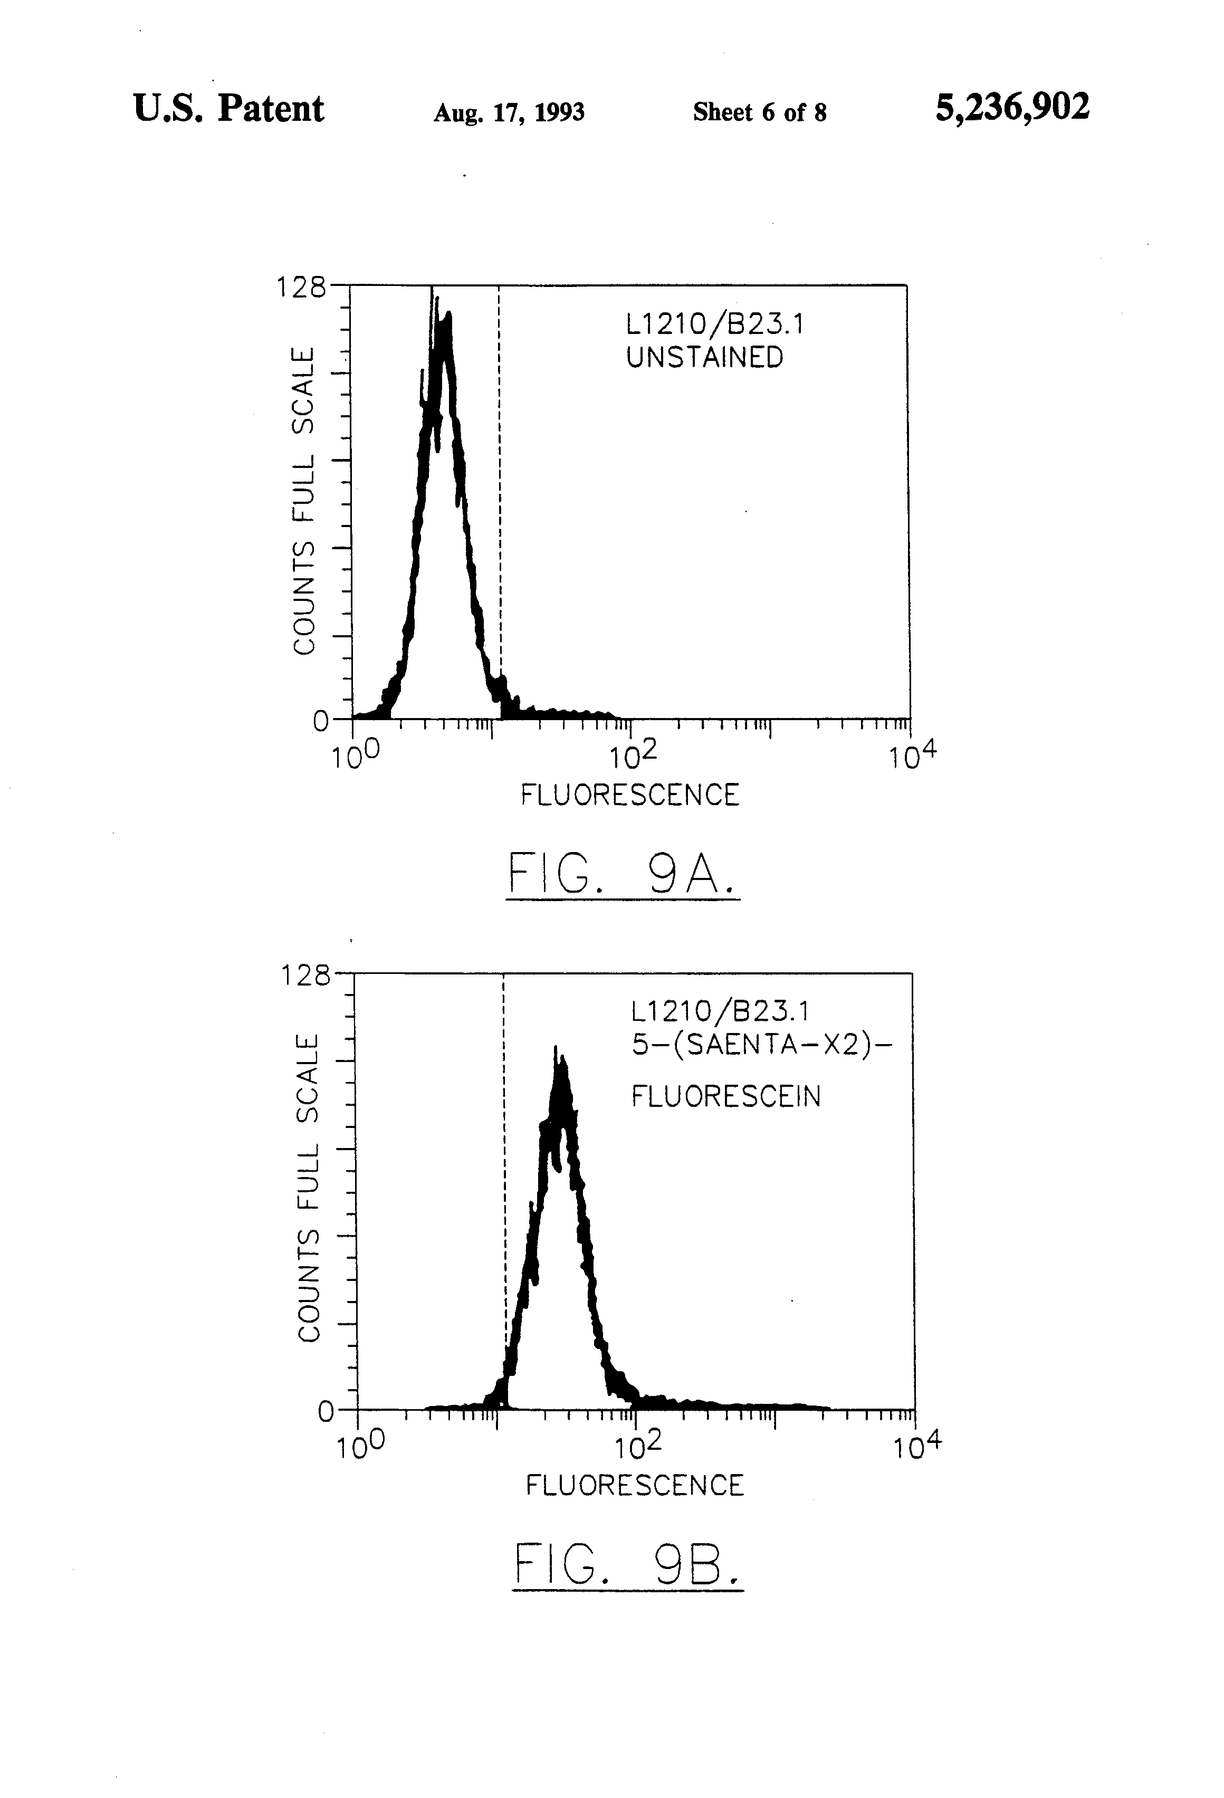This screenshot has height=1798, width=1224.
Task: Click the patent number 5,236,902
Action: [1011, 108]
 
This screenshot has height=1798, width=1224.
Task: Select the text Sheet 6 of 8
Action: [759, 113]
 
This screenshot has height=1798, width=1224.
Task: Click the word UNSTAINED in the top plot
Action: [704, 357]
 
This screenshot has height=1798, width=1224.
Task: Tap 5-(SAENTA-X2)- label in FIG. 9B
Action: [761, 1045]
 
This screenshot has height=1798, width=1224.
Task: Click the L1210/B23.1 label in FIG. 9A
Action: [715, 324]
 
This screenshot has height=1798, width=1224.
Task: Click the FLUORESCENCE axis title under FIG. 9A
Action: [629, 795]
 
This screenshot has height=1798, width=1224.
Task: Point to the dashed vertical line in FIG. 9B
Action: [504, 1161]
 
